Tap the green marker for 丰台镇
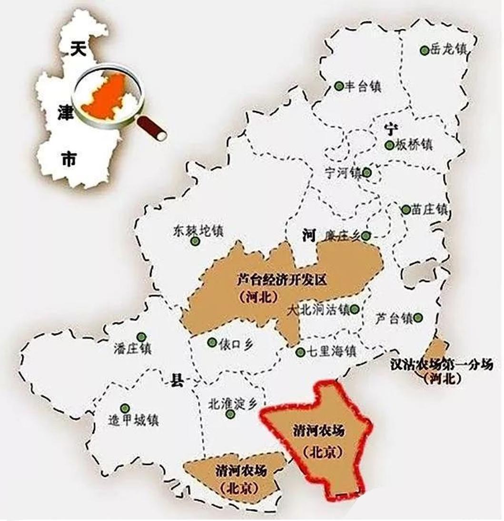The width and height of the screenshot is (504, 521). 339,86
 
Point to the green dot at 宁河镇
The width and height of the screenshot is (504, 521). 367,172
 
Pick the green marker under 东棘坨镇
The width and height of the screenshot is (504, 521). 195,241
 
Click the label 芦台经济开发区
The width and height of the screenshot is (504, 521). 282,280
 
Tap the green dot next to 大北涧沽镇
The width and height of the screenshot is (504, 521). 355,310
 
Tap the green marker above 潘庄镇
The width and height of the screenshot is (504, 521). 141,337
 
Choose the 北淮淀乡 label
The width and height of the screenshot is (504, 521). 232,404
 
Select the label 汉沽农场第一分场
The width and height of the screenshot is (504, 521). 441,365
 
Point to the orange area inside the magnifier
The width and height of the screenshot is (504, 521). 107,97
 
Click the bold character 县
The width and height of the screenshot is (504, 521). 177,380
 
